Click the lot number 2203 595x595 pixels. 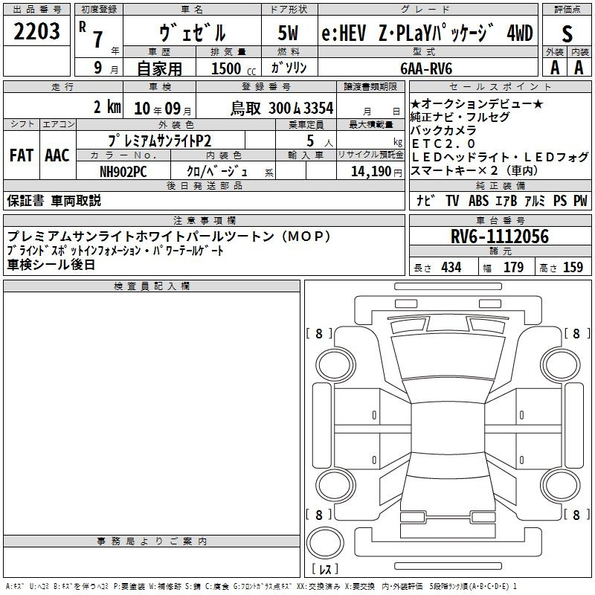point(36,31)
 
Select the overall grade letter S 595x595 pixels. point(567,33)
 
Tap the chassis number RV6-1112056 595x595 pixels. point(500,236)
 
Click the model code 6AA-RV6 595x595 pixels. point(426,68)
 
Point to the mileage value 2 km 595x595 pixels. point(107,107)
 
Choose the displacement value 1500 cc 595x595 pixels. point(234,68)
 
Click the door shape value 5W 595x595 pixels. point(288,33)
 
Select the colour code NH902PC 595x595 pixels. point(123,172)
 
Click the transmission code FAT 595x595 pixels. point(22,155)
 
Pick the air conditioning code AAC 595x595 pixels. point(57,155)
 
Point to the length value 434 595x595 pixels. point(451,268)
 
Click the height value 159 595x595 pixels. point(573,268)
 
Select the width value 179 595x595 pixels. point(513,268)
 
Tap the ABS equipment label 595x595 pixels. point(478,201)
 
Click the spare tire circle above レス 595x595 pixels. point(325,527)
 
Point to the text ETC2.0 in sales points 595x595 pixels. point(443,144)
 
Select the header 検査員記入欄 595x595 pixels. point(152,286)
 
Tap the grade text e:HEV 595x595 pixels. point(344,33)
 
